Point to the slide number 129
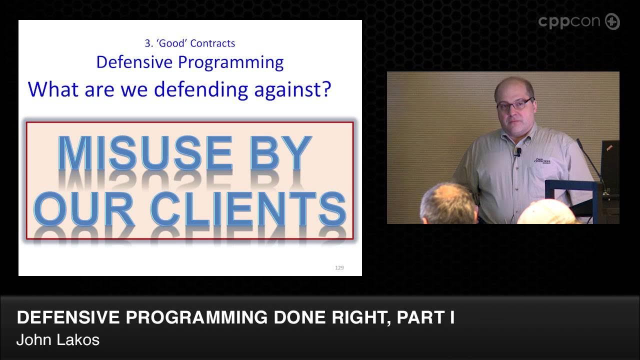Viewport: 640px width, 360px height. click(339, 268)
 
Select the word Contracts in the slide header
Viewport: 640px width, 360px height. click(212, 43)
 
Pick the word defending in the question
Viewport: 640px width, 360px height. click(202, 89)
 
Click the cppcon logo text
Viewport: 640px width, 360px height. click(570, 22)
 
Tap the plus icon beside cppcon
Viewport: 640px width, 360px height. click(612, 22)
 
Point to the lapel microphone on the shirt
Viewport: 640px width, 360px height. click(518, 150)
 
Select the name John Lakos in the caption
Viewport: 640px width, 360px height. click(58, 340)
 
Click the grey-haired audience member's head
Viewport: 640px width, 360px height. click(447, 202)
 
